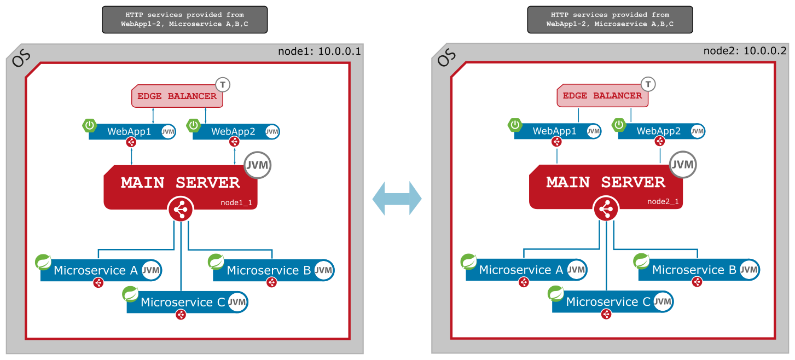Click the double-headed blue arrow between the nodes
click(x=397, y=198)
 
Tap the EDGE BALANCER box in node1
click(x=177, y=96)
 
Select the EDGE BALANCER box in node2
click(x=602, y=96)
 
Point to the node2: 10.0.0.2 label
click(x=745, y=51)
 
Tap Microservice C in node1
click(x=183, y=302)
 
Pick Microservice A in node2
click(x=520, y=270)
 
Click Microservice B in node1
click(x=268, y=270)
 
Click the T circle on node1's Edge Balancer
click(x=223, y=84)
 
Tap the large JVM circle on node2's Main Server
click(x=682, y=165)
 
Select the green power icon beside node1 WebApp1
click(x=90, y=126)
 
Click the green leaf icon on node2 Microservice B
click(x=641, y=262)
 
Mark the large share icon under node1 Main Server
click(x=181, y=210)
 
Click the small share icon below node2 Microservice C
click(x=606, y=314)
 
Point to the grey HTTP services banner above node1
click(x=184, y=20)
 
